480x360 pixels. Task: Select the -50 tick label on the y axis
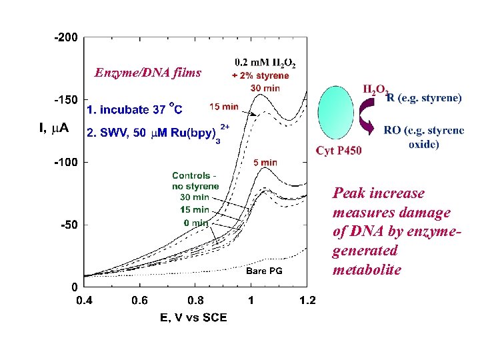(69, 225)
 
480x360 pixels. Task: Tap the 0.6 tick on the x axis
(139, 301)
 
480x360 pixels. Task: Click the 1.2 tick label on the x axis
(307, 301)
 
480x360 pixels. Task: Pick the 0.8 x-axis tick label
(195, 301)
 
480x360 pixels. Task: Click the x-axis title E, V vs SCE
(193, 317)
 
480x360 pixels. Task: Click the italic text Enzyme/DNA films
(147, 73)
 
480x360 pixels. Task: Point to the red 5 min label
(265, 162)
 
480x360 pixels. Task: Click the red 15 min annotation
(223, 106)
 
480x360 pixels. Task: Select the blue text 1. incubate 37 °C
(134, 107)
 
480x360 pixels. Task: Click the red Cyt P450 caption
(339, 151)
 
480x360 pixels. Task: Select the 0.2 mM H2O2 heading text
(265, 64)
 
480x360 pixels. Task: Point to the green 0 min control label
(195, 221)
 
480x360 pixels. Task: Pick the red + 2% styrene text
(260, 76)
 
